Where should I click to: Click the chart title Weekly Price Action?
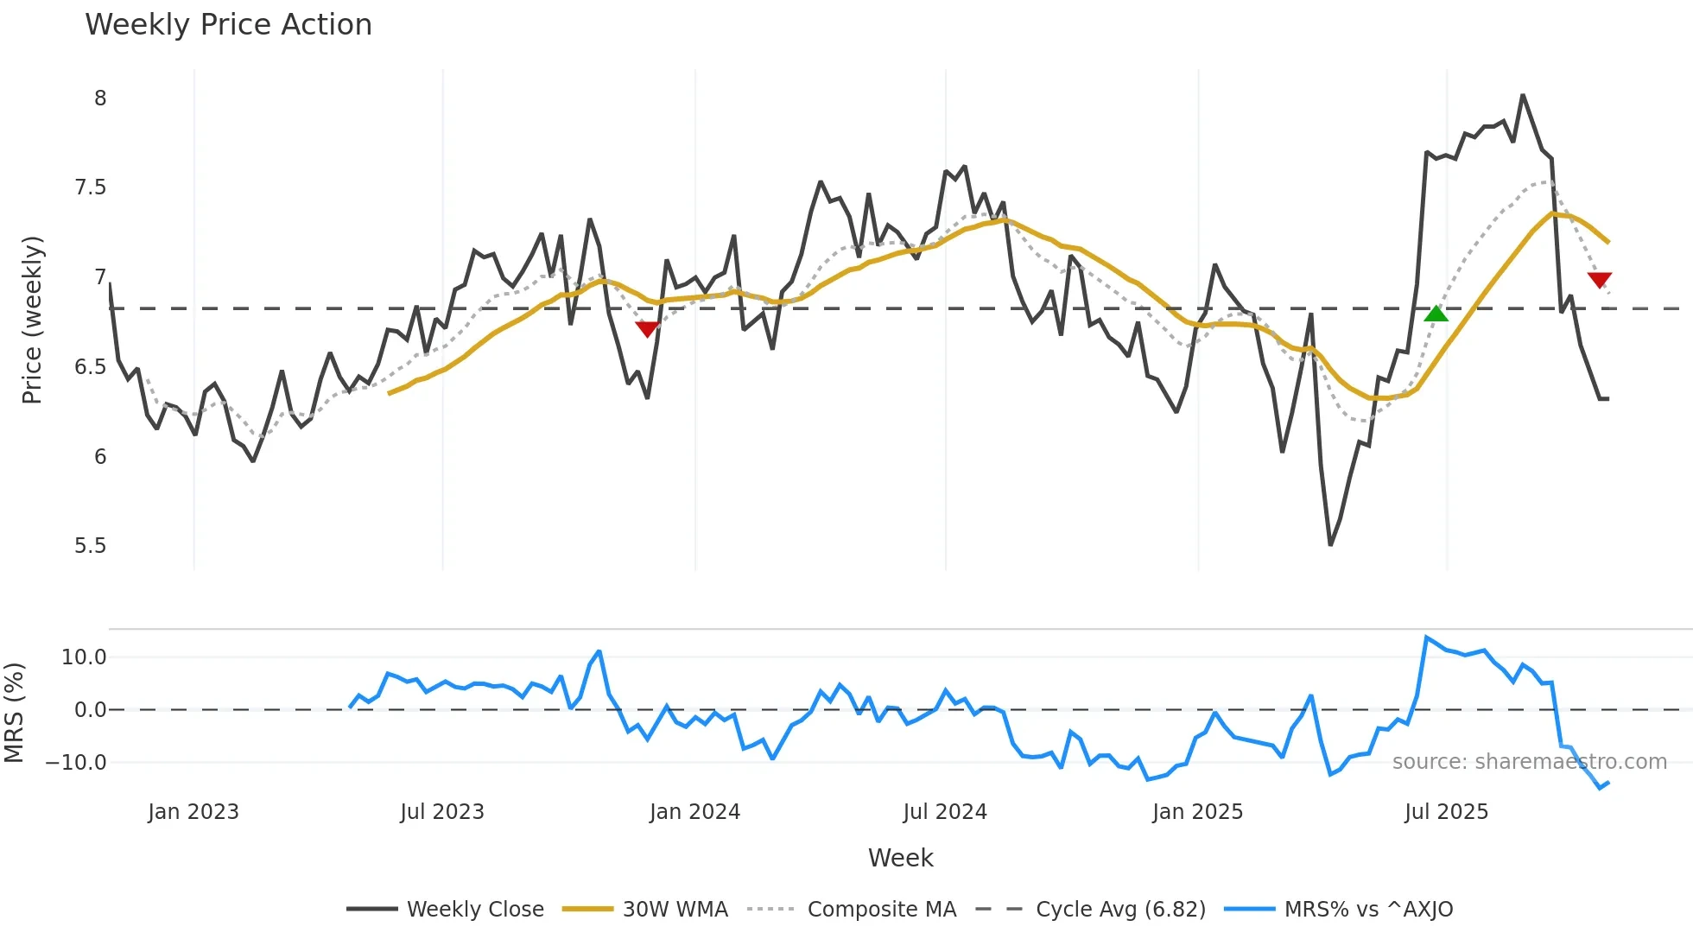click(228, 25)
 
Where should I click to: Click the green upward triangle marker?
click(1436, 314)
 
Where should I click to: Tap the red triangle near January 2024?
click(647, 329)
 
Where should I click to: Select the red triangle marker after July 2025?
click(1599, 280)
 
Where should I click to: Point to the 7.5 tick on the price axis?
click(90, 187)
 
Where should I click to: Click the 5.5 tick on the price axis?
click(90, 546)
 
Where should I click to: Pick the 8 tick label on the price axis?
click(100, 98)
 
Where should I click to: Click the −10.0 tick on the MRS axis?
click(76, 763)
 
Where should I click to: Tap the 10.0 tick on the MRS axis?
click(83, 657)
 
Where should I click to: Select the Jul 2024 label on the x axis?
click(944, 812)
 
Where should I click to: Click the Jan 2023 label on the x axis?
click(193, 812)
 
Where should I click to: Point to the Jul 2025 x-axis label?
click(1446, 812)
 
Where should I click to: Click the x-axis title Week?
click(900, 858)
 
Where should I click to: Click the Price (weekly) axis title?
click(32, 320)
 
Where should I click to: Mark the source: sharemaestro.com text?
click(1529, 762)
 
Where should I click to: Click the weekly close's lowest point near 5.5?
click(1330, 544)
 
